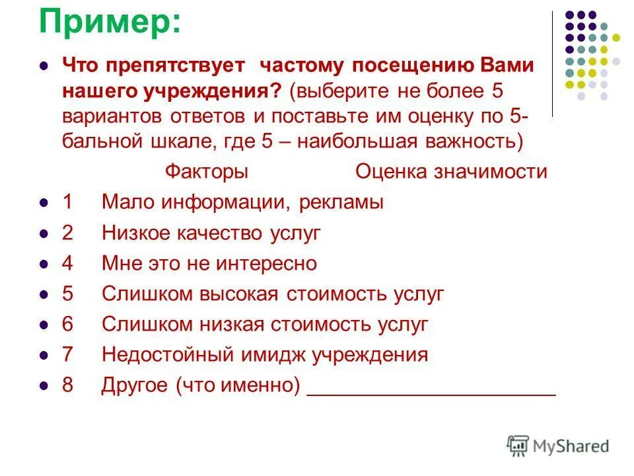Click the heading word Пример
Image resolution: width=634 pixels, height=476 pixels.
click(108, 22)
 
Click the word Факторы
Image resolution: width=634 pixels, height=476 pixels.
click(206, 172)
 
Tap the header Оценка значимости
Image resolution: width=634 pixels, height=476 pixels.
click(451, 172)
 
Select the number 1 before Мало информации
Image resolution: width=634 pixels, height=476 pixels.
click(67, 202)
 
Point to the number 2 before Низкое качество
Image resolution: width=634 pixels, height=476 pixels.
click(67, 233)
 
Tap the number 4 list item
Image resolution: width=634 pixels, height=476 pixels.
click(67, 264)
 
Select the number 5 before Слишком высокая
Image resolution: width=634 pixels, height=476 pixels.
click(67, 294)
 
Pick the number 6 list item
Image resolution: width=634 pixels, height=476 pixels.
click(67, 325)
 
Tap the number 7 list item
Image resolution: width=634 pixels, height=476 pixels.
click(67, 355)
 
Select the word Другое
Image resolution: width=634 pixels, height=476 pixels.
click(134, 385)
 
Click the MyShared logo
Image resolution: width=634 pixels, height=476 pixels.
click(558, 446)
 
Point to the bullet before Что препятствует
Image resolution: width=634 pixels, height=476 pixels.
click(44, 67)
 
